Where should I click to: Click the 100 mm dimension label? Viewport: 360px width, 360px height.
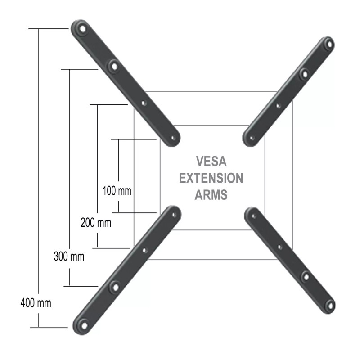pyautogui.click(x=117, y=191)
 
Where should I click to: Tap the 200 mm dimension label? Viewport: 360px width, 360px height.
pyautogui.click(x=96, y=222)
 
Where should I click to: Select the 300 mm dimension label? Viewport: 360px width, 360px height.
pyautogui.click(x=69, y=257)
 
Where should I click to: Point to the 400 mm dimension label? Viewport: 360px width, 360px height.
pyautogui.click(x=36, y=303)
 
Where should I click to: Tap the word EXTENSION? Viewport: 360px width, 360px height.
pyautogui.click(x=211, y=178)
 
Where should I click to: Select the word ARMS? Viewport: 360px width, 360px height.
pyautogui.click(x=211, y=195)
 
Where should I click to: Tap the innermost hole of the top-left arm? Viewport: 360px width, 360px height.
pyautogui.click(x=171, y=139)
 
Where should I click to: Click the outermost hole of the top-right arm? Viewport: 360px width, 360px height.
pyautogui.click(x=329, y=44)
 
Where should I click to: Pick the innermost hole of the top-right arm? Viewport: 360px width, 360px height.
pyautogui.click(x=252, y=138)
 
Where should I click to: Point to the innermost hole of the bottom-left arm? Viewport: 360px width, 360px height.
pyautogui.click(x=172, y=215)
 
